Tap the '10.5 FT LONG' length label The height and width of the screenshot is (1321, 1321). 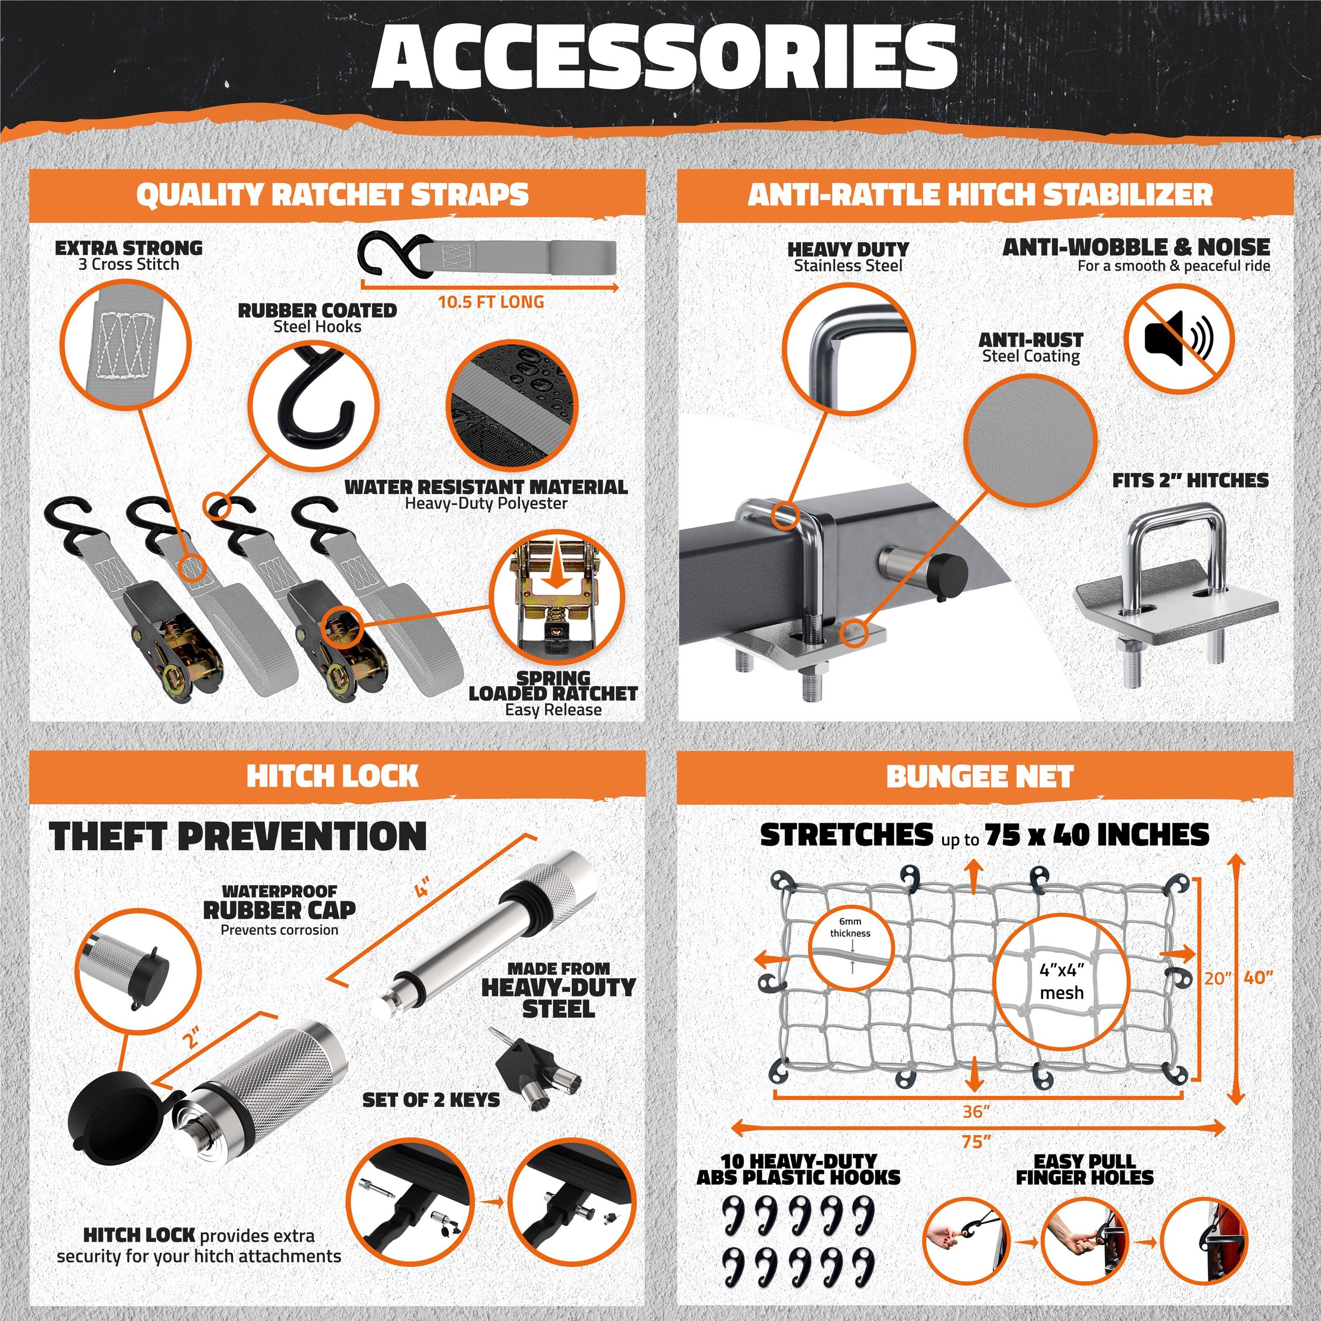pyautogui.click(x=490, y=302)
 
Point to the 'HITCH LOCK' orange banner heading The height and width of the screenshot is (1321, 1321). pyautogui.click(x=332, y=776)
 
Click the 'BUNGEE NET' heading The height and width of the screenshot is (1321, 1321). pyautogui.click(x=979, y=776)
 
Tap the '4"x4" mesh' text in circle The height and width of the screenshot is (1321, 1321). pyautogui.click(x=1061, y=981)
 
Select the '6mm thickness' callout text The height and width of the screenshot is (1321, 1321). pyautogui.click(x=850, y=928)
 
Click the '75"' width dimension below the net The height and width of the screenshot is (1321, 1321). pyautogui.click(x=976, y=1141)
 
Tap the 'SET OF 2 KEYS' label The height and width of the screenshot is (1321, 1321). pyautogui.click(x=431, y=1100)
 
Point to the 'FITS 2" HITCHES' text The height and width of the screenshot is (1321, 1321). pyautogui.click(x=1190, y=481)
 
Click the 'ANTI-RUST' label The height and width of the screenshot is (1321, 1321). pyautogui.click(x=1030, y=340)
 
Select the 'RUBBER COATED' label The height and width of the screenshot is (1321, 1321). pyautogui.click(x=317, y=310)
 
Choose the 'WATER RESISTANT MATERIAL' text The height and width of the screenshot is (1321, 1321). pyautogui.click(x=485, y=487)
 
